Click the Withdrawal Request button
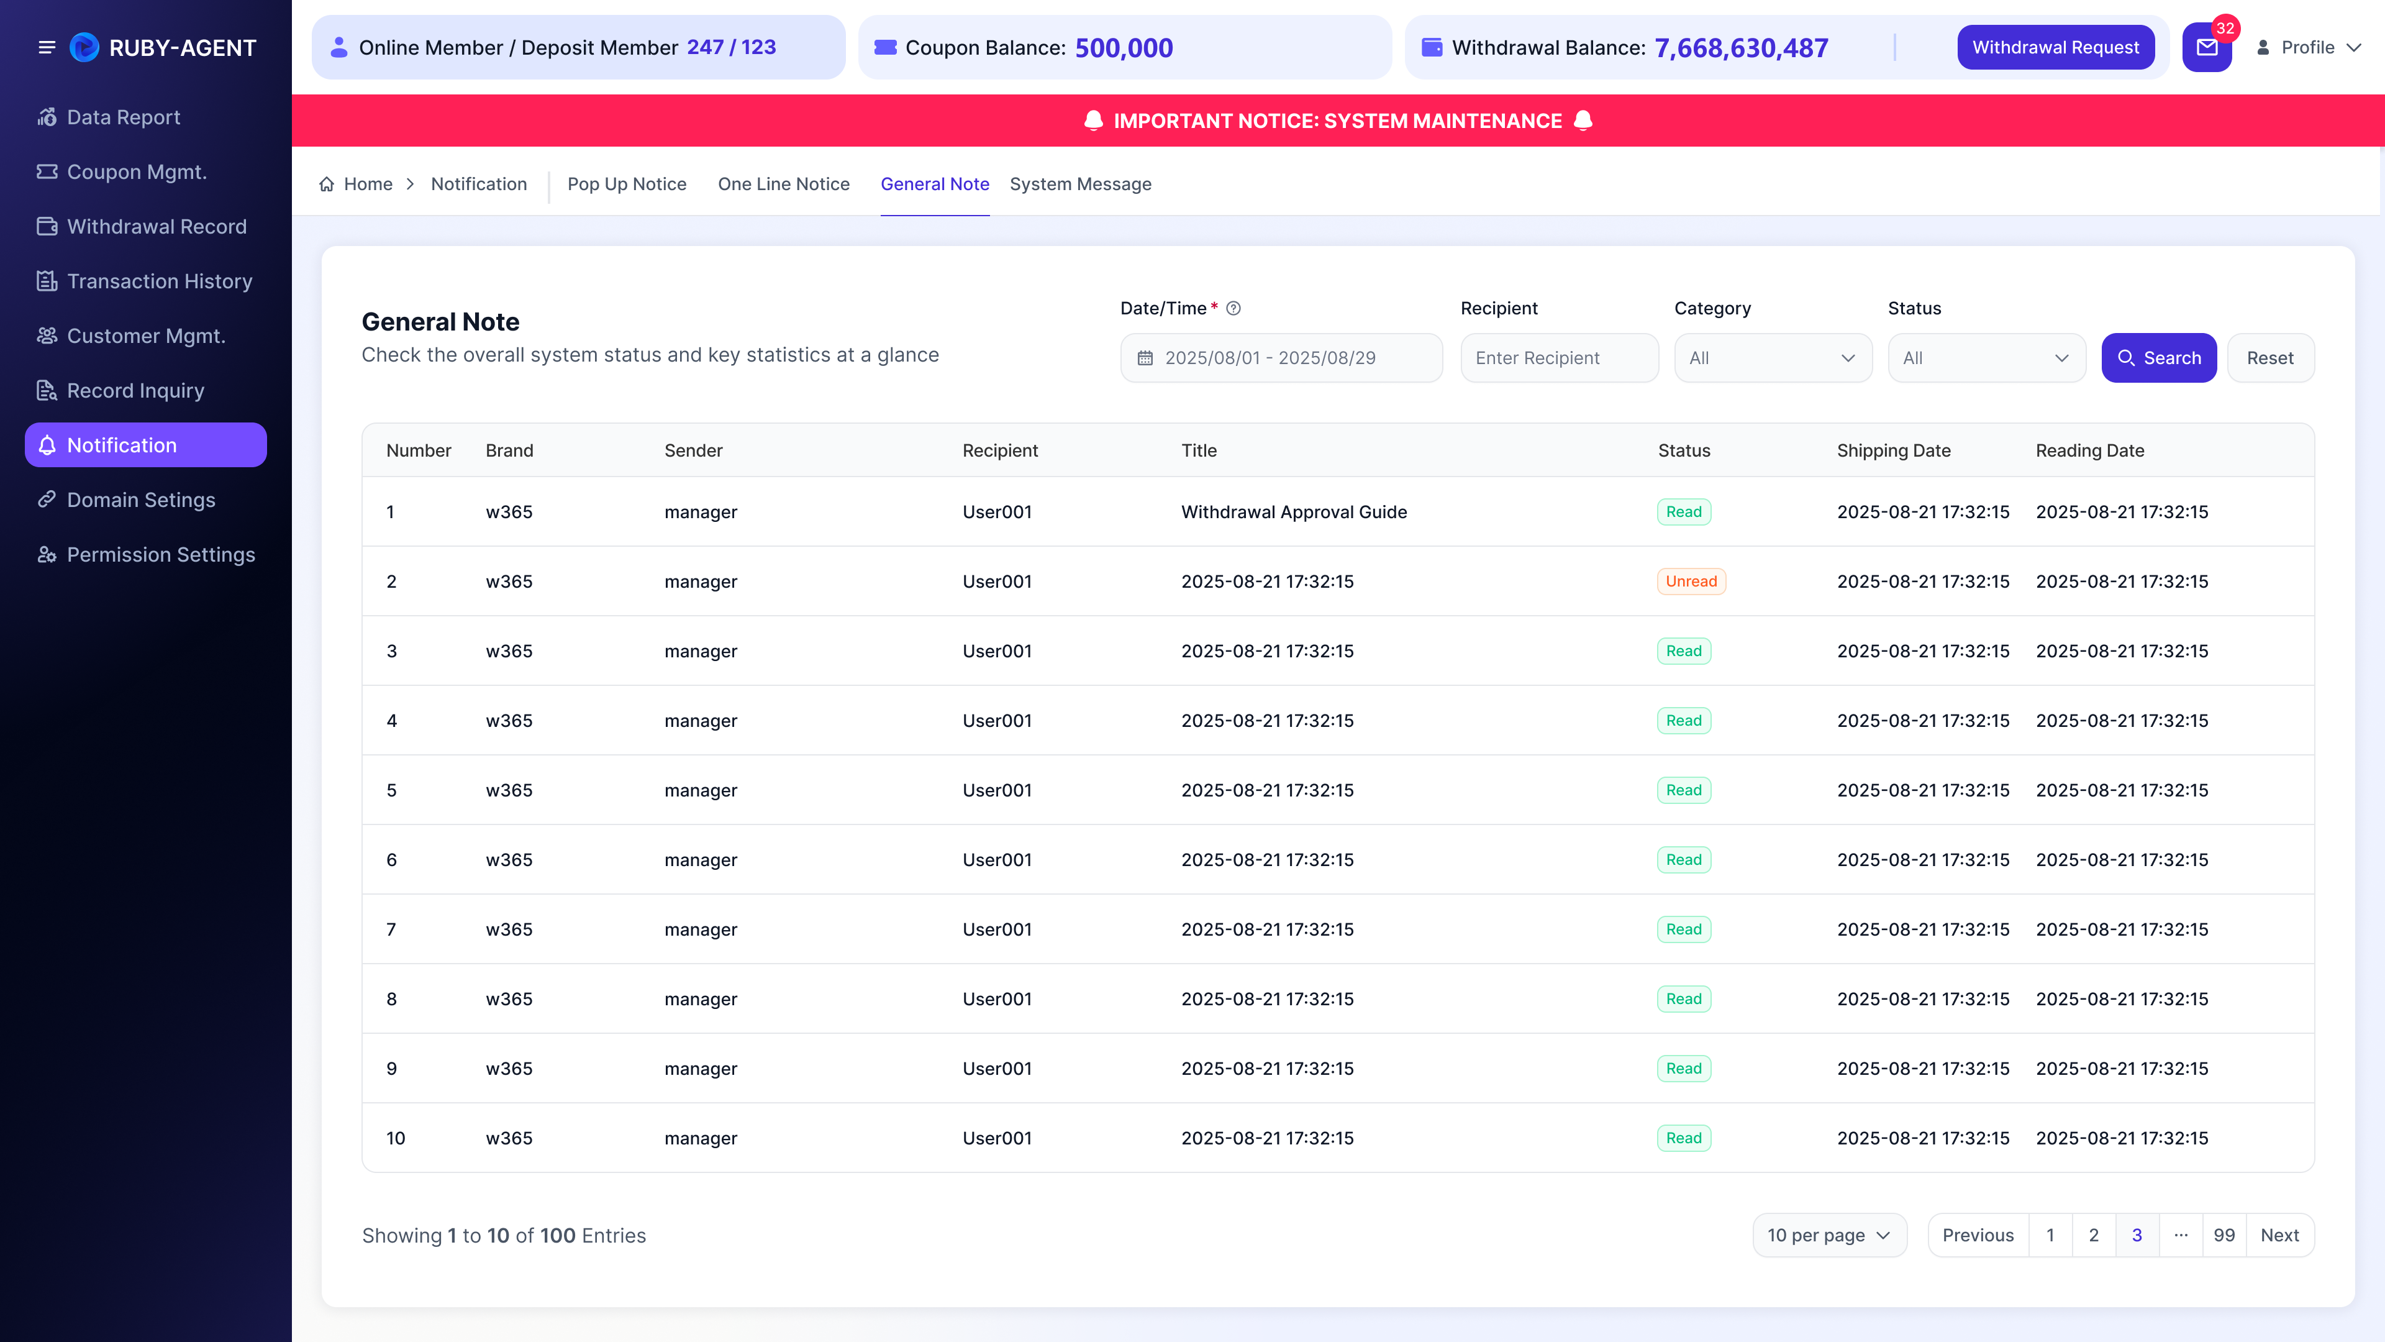tap(2055, 47)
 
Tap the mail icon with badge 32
tap(2207, 47)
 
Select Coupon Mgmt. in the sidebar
tap(136, 172)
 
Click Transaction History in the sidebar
tap(159, 281)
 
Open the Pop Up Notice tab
tap(627, 185)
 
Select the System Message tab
tap(1081, 185)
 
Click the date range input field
tap(1281, 357)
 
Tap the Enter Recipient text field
tap(1559, 357)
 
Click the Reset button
tap(2270, 357)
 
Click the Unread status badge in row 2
tap(1691, 582)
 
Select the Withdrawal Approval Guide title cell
tap(1293, 512)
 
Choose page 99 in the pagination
tap(2224, 1236)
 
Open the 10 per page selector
tap(1828, 1236)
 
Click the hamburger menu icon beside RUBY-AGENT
tap(47, 47)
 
